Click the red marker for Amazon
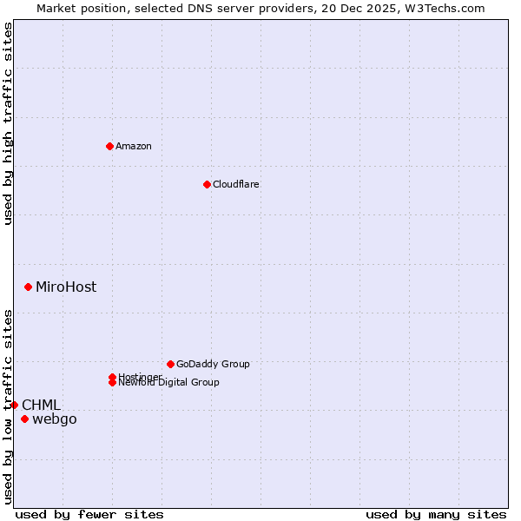[x=109, y=146]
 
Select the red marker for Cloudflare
[x=207, y=184]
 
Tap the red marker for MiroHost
[x=29, y=287]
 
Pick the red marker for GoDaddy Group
[x=170, y=364]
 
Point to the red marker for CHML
[x=14, y=405]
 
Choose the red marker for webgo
[x=24, y=419]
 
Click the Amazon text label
[x=134, y=146]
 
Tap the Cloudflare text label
[x=236, y=184]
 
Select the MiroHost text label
[x=66, y=287]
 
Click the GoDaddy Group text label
[x=213, y=364]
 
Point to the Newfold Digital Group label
[x=169, y=383]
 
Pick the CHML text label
[x=41, y=405]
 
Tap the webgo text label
[x=55, y=419]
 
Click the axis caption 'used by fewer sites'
[x=89, y=514]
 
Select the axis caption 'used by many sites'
[x=436, y=514]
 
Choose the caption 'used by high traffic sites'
[x=8, y=124]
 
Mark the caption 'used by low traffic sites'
[x=8, y=406]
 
